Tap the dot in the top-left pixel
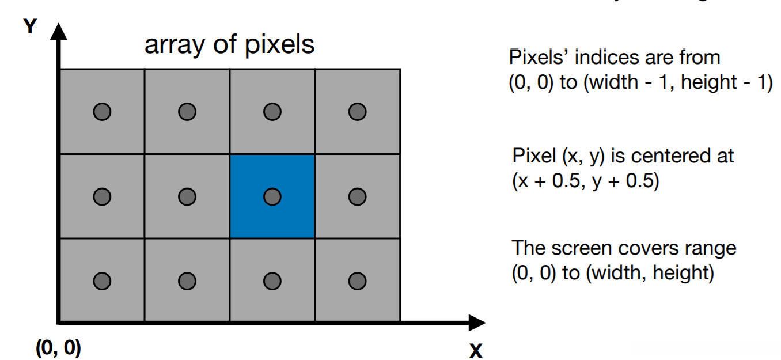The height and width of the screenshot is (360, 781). click(x=102, y=111)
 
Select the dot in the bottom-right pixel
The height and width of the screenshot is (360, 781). click(x=357, y=281)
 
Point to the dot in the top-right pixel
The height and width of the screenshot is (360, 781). click(x=357, y=111)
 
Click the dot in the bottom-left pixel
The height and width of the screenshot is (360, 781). click(x=102, y=281)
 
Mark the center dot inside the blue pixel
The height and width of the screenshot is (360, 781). click(x=272, y=196)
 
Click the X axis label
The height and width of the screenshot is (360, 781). click(x=475, y=350)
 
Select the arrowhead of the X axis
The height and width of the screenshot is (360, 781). click(x=477, y=323)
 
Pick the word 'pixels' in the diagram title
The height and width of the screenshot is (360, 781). click(x=283, y=45)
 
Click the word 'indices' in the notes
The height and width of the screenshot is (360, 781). click(x=593, y=58)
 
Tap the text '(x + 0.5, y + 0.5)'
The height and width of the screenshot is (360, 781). click(x=585, y=181)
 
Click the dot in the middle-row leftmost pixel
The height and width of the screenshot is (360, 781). click(x=102, y=196)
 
